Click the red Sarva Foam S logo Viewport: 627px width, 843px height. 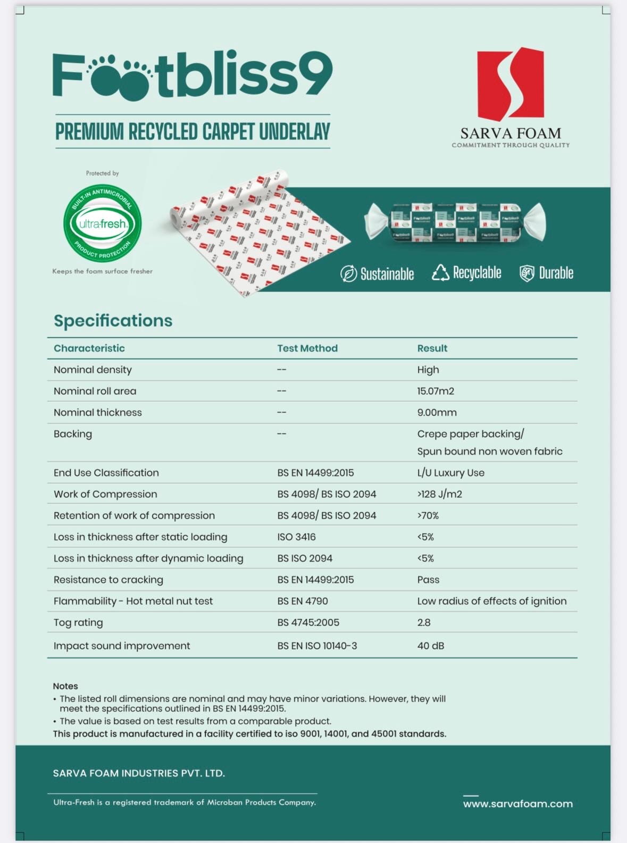[511, 84]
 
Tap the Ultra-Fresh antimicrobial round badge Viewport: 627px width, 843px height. [103, 223]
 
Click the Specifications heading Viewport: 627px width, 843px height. [113, 320]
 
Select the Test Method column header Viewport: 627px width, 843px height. [307, 348]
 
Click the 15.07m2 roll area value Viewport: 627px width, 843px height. [436, 391]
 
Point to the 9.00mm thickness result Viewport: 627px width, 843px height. [437, 412]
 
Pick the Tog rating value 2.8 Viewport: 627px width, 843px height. [424, 622]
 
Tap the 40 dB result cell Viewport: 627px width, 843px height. [431, 646]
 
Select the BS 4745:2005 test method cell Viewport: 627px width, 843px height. [308, 622]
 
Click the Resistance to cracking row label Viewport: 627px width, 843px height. [108, 580]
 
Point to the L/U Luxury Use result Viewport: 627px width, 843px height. [450, 473]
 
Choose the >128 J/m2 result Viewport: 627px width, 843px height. [439, 494]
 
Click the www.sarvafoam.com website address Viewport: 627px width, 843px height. [517, 804]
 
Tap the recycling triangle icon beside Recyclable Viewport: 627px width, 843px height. [440, 273]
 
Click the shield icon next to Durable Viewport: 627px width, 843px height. [526, 273]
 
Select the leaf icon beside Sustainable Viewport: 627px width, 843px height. [348, 274]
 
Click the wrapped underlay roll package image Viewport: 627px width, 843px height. [455, 222]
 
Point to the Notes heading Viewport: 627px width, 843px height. [65, 686]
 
